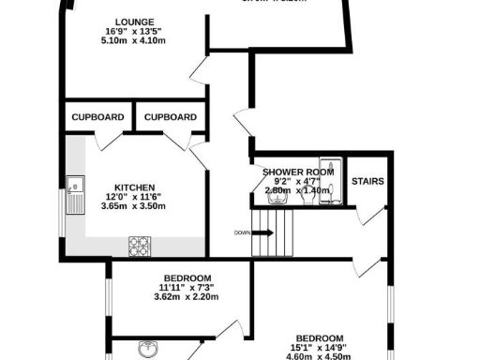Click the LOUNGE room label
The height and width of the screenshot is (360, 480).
tap(135, 21)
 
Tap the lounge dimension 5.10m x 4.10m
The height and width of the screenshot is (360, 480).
tap(135, 40)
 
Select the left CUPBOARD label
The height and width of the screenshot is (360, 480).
tap(98, 117)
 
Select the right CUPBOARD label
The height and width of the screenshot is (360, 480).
tap(171, 117)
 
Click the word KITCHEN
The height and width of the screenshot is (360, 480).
tap(134, 187)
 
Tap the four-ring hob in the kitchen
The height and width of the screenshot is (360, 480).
tap(140, 246)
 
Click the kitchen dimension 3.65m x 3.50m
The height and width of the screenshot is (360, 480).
tap(134, 206)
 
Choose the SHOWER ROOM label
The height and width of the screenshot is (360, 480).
tap(298, 172)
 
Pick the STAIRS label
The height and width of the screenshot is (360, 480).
tap(367, 181)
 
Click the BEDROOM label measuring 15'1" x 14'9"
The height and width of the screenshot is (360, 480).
tap(320, 337)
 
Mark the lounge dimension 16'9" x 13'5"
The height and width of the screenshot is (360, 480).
tap(135, 31)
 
